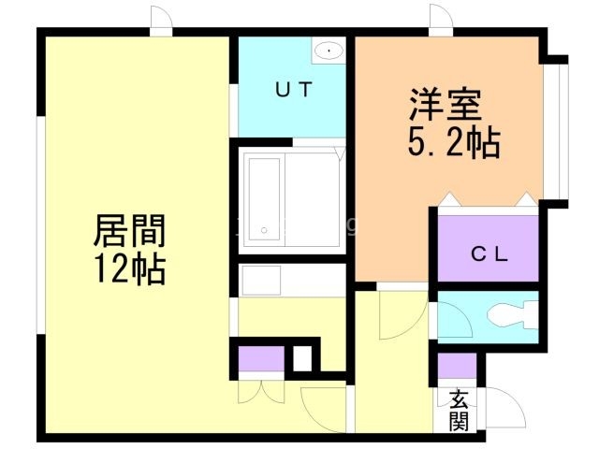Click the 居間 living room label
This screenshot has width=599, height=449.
[x=129, y=231]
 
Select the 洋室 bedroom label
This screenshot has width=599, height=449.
[x=446, y=105]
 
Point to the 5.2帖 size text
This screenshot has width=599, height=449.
[x=453, y=142]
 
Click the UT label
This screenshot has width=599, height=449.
[x=294, y=90]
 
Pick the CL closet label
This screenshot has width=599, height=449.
[x=489, y=253]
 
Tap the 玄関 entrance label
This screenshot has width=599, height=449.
[x=459, y=411]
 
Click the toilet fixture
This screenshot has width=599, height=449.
[x=512, y=315]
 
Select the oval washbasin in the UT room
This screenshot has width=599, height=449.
[x=329, y=50]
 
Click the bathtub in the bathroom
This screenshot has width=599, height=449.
[x=264, y=199]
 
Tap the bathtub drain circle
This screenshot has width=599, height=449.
[x=264, y=230]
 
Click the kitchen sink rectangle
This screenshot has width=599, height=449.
[x=262, y=281]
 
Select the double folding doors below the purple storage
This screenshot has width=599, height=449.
[x=261, y=391]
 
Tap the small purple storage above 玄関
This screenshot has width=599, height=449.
[x=457, y=366]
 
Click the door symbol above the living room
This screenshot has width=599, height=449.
[x=161, y=21]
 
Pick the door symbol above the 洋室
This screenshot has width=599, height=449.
[x=441, y=20]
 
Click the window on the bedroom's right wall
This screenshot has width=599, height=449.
[x=556, y=131]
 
